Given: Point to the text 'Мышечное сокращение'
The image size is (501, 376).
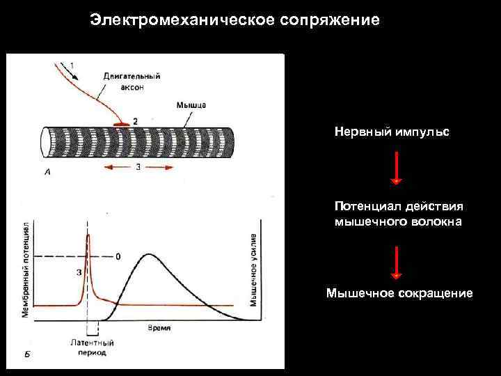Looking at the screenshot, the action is (399, 293).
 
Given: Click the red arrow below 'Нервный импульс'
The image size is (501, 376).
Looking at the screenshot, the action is (396, 167).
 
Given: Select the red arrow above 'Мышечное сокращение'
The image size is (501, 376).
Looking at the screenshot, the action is (396, 261).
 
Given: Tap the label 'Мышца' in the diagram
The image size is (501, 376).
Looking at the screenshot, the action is (191, 105).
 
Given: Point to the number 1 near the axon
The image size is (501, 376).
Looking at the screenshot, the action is (74, 66).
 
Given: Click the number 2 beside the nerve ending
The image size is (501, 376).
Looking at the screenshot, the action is (134, 120).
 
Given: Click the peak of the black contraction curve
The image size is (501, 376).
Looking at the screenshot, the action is (148, 254).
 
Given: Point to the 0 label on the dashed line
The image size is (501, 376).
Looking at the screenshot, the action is (118, 256).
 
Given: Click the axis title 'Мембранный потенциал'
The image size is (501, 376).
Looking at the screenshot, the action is (26, 271).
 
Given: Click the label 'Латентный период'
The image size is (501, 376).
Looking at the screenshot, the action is (92, 347).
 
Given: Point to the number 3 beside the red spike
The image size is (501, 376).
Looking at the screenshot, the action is (78, 272).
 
